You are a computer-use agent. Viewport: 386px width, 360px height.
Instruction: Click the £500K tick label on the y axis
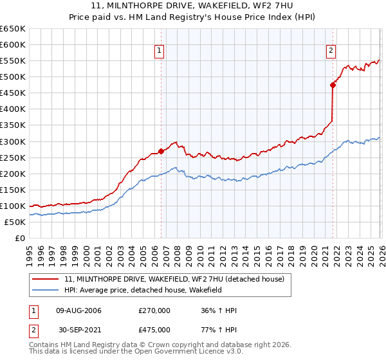coord(12,77)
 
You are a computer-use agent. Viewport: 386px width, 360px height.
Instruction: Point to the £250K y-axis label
coord(12,157)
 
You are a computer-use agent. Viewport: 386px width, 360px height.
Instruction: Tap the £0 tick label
coord(21,239)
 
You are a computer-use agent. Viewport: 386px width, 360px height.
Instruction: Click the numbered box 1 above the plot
coord(159,52)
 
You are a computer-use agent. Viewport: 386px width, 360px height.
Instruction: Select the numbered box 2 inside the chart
coord(331,52)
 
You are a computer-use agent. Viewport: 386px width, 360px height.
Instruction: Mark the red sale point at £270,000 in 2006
coord(161,151)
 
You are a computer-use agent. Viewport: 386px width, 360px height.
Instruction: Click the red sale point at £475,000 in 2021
coord(333,85)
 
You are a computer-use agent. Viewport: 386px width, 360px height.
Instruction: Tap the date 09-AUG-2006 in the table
coord(79,310)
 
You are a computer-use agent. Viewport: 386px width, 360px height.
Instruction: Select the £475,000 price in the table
coord(154,329)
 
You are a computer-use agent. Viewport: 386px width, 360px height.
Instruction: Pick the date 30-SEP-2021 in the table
coord(79,329)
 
